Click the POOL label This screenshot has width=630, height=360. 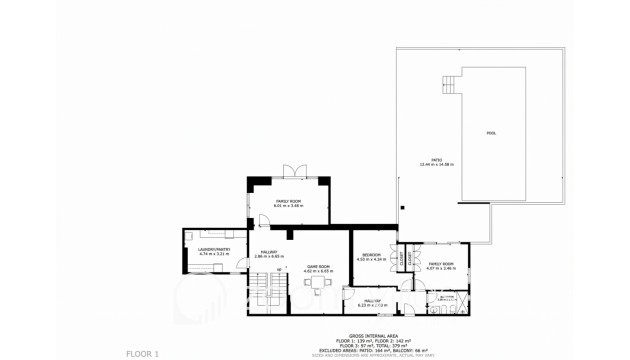point(490,133)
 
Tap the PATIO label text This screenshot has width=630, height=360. point(436,159)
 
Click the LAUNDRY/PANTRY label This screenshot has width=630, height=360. point(214,249)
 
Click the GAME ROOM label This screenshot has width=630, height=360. point(318,266)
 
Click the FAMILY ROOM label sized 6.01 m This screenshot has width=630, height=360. point(289,201)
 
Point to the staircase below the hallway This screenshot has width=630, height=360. point(261,293)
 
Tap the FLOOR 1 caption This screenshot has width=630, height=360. point(141,353)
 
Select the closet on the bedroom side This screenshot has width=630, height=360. point(400,258)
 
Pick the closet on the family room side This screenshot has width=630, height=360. point(410,258)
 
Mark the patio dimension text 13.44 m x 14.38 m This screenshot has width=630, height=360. point(436,164)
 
